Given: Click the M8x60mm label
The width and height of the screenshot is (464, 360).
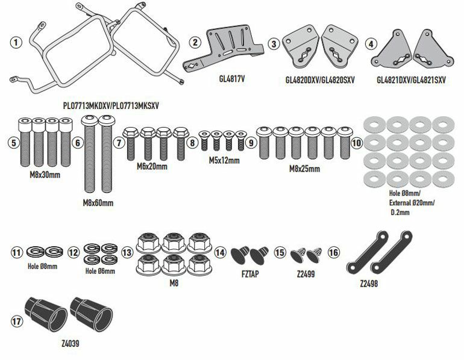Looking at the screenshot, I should pyautogui.click(x=97, y=203).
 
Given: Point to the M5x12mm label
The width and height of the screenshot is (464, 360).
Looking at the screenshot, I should pyautogui.click(x=224, y=161).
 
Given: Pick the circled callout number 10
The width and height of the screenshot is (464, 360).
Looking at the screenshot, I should pyautogui.click(x=356, y=143).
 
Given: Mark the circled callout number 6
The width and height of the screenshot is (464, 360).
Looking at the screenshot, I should pyautogui.click(x=78, y=143).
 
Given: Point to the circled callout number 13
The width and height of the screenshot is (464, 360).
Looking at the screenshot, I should pyautogui.click(x=127, y=253).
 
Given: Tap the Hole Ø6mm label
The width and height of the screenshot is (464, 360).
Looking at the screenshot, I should pyautogui.click(x=100, y=272).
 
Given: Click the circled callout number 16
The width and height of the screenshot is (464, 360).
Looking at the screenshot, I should pyautogui.click(x=334, y=253).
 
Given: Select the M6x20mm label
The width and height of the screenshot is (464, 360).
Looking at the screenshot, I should pyautogui.click(x=152, y=166).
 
